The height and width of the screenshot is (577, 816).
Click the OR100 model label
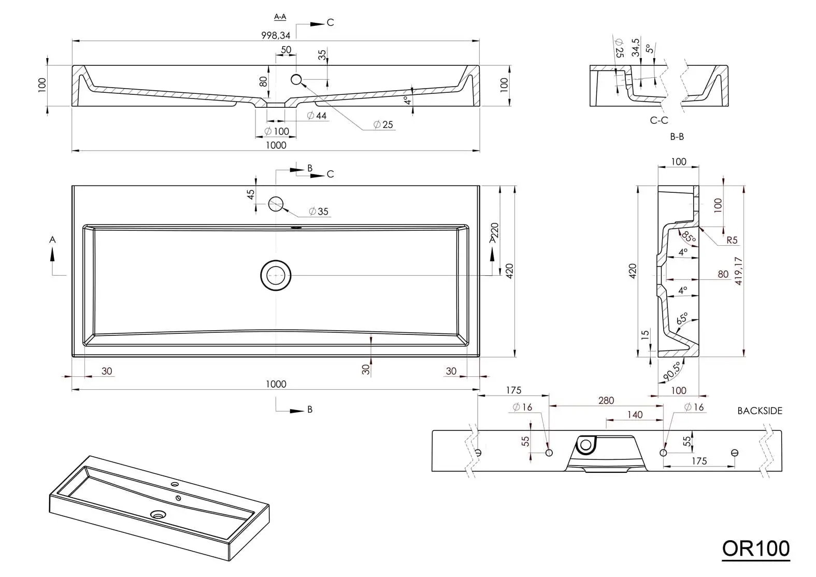755,548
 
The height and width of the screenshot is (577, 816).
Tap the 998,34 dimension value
275,35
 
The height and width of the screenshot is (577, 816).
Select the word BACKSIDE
760,411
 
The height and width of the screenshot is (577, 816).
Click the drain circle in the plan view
276,275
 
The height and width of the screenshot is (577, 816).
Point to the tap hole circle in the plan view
276,204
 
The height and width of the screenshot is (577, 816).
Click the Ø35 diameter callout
319,212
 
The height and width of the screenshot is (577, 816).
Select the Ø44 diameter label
317,116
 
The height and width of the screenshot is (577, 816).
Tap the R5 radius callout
732,240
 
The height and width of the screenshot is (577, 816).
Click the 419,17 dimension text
738,271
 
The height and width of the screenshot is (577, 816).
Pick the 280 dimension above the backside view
606,400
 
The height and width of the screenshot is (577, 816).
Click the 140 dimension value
635,414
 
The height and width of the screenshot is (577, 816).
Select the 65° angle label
682,318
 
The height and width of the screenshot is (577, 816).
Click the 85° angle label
688,237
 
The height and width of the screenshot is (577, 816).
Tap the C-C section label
659,120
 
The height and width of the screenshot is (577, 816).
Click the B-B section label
677,136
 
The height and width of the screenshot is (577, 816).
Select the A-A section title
280,17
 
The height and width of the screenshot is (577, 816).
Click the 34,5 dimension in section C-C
636,47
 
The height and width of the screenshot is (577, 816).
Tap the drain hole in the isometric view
158,515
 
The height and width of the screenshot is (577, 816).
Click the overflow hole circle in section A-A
296,79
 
